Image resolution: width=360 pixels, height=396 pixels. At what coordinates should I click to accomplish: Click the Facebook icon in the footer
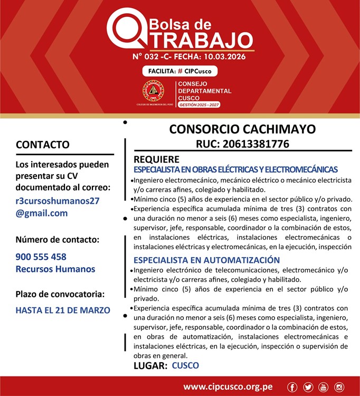pos(292,388)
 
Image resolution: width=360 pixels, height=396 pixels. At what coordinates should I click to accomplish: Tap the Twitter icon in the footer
pos(308,388)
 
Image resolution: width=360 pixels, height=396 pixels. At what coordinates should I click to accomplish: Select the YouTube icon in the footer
pos(323,388)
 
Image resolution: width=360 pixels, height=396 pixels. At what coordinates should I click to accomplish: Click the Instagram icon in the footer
pos(339,388)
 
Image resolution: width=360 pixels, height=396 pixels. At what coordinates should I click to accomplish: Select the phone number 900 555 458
pos(41,257)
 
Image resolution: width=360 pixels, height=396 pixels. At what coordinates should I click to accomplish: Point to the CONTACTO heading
pos(43,145)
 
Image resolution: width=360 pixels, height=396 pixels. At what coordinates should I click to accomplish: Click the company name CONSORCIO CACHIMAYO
pos(242,129)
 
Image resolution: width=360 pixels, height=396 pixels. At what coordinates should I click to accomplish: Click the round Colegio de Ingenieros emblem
pos(153,91)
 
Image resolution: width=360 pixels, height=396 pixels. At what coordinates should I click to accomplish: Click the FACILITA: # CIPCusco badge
pos(179,71)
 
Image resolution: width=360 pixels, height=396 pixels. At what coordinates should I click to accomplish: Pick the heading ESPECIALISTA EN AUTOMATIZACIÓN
pos(206,260)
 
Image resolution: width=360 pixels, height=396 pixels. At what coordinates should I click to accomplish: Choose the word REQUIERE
pos(156,159)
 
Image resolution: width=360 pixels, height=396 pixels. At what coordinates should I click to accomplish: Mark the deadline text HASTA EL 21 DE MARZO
pos(63,310)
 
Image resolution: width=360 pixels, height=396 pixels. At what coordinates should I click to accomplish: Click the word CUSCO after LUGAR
pos(185,365)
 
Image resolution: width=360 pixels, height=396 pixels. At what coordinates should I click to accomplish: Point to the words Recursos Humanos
pos(55,269)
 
